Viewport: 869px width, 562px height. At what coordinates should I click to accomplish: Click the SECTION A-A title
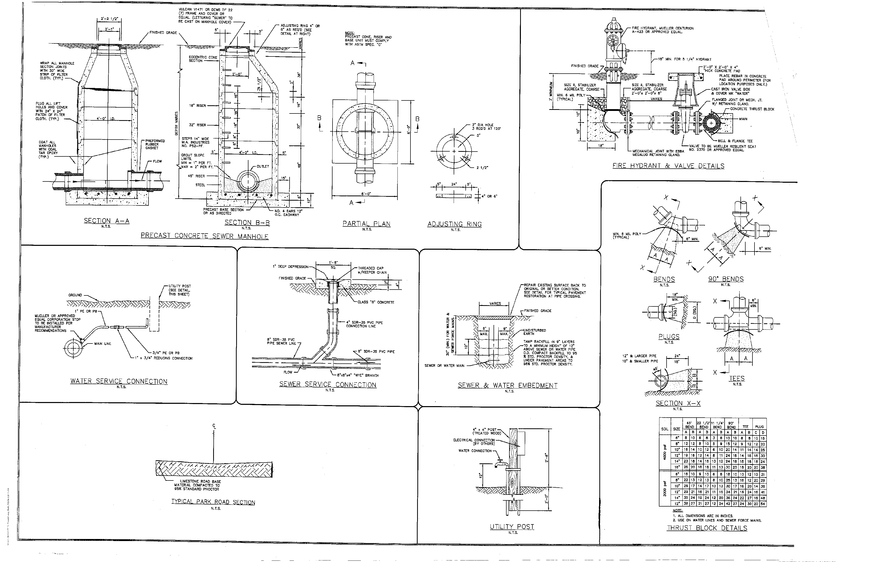[x=107, y=221]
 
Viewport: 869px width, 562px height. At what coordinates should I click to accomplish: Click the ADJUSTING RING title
[x=454, y=224]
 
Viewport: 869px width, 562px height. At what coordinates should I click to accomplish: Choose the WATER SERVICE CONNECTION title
[x=119, y=381]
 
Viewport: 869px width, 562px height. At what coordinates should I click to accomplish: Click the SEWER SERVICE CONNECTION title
[x=327, y=384]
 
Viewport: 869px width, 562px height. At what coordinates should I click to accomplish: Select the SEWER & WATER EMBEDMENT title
[x=508, y=385]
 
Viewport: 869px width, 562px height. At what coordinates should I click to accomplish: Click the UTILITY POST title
[x=512, y=526]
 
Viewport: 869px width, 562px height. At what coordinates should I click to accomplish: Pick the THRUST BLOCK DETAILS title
[x=707, y=528]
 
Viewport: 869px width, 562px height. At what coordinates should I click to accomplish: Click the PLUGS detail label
[x=669, y=337]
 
